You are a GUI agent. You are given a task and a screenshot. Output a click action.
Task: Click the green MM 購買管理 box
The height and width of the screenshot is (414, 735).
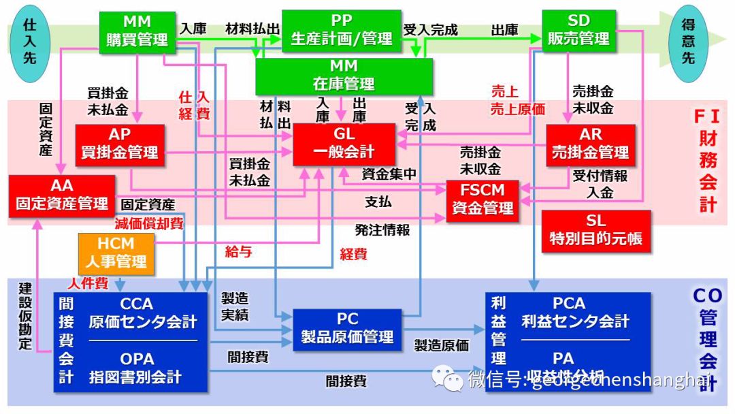tap(137, 31)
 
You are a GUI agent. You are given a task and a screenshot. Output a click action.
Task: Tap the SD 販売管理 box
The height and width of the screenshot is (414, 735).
tap(578, 31)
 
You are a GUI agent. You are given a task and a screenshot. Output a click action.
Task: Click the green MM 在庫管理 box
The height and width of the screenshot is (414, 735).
tap(344, 76)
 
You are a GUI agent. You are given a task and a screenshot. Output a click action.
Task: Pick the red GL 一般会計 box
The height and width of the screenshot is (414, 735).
tap(344, 144)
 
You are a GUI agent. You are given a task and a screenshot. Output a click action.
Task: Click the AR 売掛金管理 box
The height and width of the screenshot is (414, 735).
tap(591, 144)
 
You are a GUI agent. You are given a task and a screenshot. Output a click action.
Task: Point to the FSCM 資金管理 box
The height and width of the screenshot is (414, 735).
tap(482, 200)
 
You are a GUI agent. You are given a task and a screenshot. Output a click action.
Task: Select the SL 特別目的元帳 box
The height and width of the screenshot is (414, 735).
tap(595, 230)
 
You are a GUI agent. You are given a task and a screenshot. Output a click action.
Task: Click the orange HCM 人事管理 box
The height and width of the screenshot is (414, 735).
tap(116, 253)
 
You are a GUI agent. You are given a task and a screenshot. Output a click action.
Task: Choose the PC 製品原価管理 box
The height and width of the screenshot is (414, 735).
tap(347, 329)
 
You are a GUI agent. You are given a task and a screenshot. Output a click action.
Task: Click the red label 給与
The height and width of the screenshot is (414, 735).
tap(238, 251)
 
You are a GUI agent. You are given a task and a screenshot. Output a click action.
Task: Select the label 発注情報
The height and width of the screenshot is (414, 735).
tap(382, 230)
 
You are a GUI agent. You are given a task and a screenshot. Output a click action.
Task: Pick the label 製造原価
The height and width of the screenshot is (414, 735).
tap(441, 345)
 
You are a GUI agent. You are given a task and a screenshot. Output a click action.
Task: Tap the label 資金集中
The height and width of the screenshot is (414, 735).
tap(389, 174)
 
